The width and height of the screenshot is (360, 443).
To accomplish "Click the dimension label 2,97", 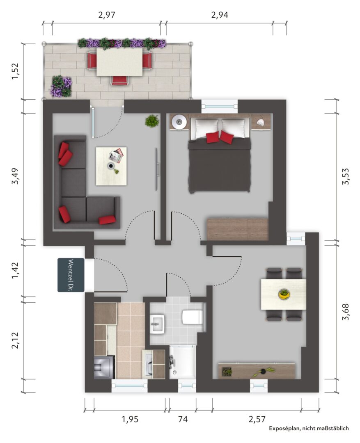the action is pos(107,15).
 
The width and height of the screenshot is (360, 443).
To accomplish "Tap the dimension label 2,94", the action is pos(220,15).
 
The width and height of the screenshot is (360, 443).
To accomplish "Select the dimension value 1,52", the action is pos(15,71).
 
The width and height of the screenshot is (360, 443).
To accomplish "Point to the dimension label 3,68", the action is pos(346,312).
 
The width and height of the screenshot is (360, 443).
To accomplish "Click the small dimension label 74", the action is pos(183,419).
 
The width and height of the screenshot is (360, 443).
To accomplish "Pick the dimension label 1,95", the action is pos(130,419).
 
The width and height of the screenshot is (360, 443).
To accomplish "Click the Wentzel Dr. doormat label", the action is pos(71,275).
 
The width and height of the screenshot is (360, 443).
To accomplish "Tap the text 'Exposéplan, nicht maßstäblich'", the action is pos(309,428).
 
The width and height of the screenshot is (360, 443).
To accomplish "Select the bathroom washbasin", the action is pos(157,324).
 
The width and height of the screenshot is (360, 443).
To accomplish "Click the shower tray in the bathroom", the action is pos(182,362).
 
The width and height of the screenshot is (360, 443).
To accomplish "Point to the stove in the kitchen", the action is pos(104,367).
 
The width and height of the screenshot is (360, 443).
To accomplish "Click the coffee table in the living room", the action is pos(111,166).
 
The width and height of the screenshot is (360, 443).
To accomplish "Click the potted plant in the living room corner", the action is pos(152,121).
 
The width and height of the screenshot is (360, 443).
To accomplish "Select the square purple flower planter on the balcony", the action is pos(61,86).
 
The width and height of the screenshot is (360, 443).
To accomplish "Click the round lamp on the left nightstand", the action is pos(179,122).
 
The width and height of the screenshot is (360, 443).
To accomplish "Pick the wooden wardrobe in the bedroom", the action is pos(238,229).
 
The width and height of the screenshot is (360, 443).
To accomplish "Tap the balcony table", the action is pos(119,62).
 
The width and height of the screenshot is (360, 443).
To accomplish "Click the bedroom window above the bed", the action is pos(220,107).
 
